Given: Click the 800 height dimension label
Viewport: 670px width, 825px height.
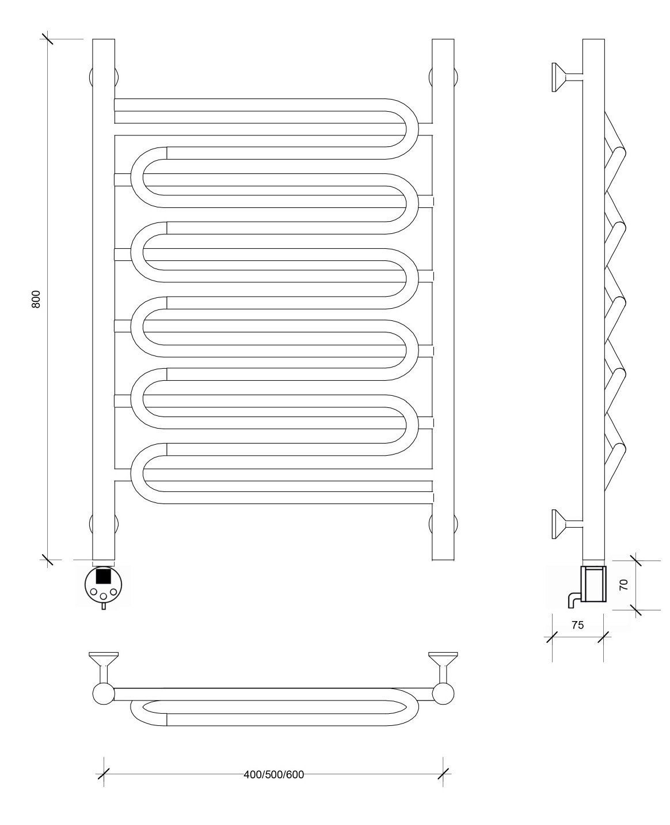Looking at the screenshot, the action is click(x=36, y=299).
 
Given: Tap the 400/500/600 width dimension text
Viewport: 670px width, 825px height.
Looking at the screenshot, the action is click(x=274, y=774).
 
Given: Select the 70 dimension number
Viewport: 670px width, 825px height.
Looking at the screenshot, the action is click(x=623, y=585).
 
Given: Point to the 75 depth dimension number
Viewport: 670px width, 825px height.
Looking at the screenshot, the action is click(x=577, y=625).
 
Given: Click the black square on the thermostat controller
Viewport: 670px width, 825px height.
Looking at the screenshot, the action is click(x=104, y=576).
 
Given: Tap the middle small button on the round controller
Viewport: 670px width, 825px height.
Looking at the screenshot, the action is click(x=103, y=596).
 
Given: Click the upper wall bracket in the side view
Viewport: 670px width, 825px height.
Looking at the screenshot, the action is click(x=567, y=77).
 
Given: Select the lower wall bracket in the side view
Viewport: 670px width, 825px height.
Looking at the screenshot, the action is click(x=567, y=524).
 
